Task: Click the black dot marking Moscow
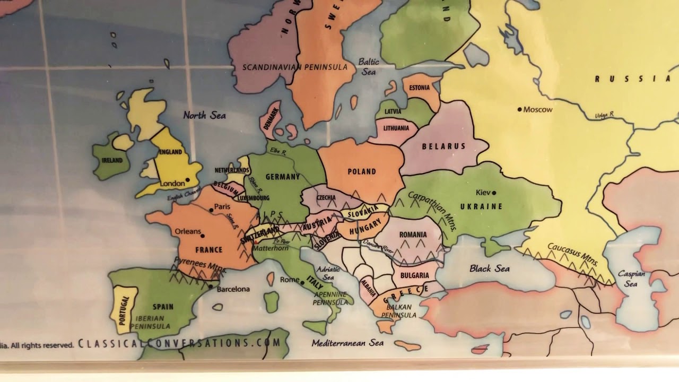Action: tap(520, 109)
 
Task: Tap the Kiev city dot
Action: tap(494, 193)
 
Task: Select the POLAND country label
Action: tap(362, 171)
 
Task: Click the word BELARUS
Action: tap(443, 146)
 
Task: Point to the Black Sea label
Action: tap(489, 268)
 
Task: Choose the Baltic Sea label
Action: tap(369, 66)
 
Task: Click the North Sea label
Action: tap(204, 115)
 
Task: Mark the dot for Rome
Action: tap(302, 283)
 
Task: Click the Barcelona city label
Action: tap(233, 289)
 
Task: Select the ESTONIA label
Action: tap(420, 88)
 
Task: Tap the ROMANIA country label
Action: tap(413, 235)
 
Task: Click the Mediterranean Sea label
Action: tap(347, 343)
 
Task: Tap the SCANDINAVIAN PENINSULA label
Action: tap(295, 67)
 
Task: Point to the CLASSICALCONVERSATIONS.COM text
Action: tap(179, 343)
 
